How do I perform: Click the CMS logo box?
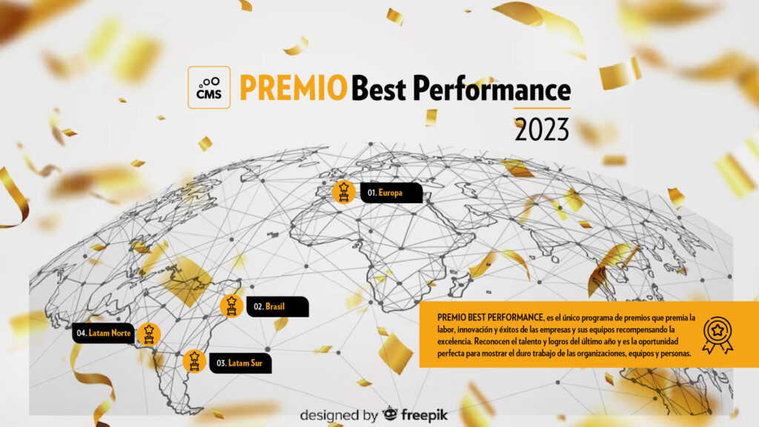(209, 87)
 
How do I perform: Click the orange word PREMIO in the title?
(294, 87)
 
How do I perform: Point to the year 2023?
(542, 130)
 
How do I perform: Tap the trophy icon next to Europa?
(344, 192)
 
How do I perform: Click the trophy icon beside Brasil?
(231, 306)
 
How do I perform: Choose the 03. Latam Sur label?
(240, 363)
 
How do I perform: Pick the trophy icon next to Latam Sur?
(194, 361)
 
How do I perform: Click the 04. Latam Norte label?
(103, 333)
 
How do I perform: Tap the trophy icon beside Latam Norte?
(148, 334)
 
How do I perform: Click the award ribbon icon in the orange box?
(717, 335)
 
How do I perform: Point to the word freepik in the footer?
(424, 415)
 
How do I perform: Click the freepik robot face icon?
(390, 414)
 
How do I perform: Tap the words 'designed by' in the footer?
(339, 415)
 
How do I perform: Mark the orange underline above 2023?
(542, 108)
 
